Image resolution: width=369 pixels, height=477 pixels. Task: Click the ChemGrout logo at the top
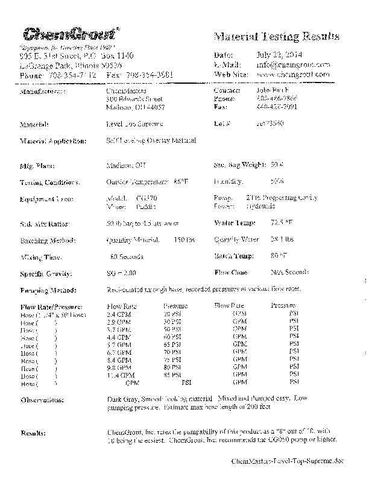[71, 34]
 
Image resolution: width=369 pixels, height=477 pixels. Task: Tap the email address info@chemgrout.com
[293, 64]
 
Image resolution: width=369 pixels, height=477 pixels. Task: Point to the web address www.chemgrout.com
[293, 74]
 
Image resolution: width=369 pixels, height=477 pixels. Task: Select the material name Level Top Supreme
[134, 123]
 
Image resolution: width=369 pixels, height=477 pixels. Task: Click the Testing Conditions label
[50, 182]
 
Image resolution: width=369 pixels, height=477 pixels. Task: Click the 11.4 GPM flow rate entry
[119, 375]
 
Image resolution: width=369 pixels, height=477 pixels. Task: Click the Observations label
[43, 400]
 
